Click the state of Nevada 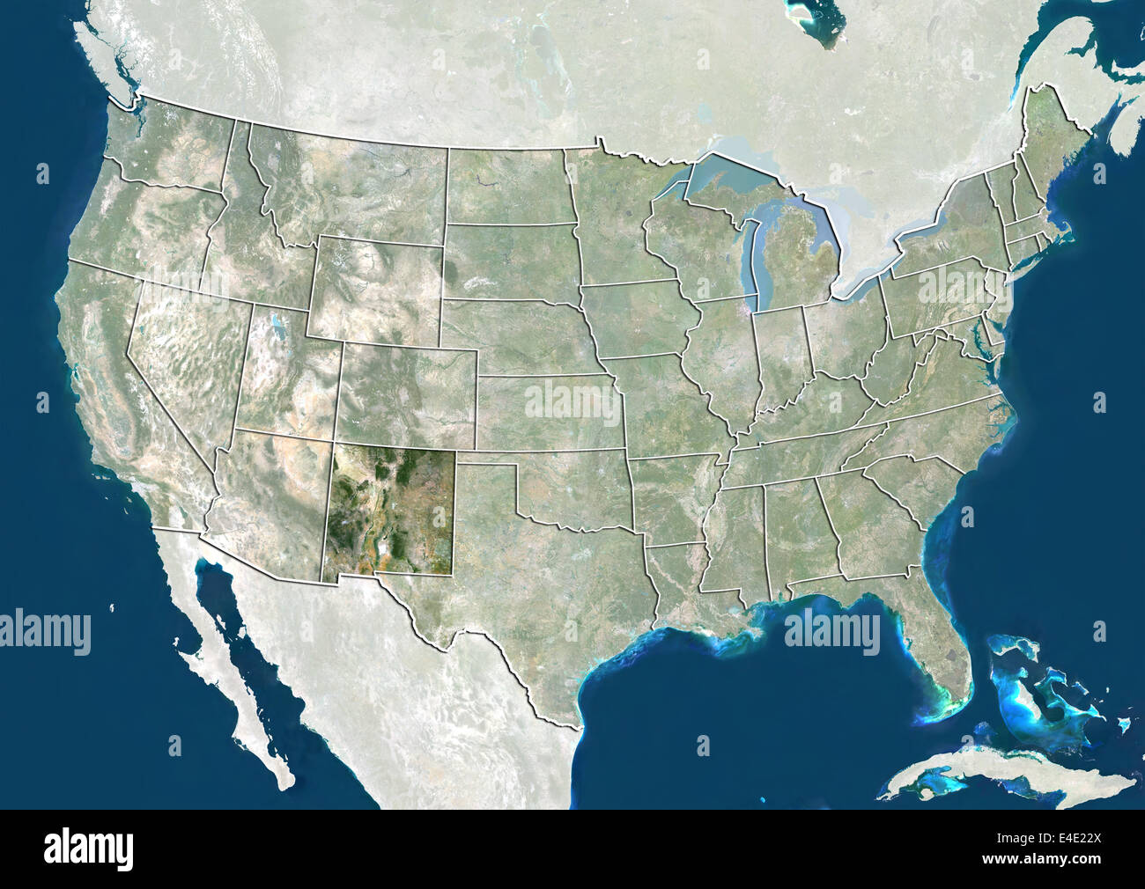tap(181, 361)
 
